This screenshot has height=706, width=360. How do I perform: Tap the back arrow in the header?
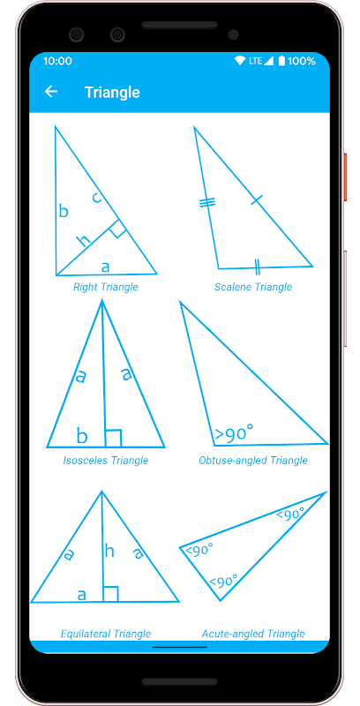click(x=51, y=92)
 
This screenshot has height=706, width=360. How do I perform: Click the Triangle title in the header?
click(x=112, y=93)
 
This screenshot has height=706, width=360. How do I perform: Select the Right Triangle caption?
click(x=106, y=287)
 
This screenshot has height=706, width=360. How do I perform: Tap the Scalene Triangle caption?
click(x=253, y=287)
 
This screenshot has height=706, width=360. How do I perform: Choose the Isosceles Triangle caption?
click(x=106, y=461)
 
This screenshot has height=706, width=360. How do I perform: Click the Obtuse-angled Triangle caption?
click(x=253, y=461)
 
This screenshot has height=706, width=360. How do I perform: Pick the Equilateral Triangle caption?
click(x=106, y=634)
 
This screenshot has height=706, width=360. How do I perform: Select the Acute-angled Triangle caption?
click(x=253, y=634)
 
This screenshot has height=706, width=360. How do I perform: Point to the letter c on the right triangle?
click(x=96, y=197)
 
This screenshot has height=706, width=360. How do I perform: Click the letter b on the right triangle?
click(x=64, y=210)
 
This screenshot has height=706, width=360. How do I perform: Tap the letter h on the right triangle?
click(x=83, y=240)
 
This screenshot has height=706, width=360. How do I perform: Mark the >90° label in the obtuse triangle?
click(x=234, y=434)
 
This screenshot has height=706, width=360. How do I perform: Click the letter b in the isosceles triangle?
click(x=81, y=435)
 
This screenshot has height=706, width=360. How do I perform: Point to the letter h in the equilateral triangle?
click(x=109, y=550)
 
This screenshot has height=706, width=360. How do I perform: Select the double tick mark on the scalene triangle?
click(x=257, y=267)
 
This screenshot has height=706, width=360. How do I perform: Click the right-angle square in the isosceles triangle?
click(x=114, y=438)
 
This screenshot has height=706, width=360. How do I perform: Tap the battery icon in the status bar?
click(x=281, y=61)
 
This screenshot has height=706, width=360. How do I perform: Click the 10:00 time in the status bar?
click(x=57, y=61)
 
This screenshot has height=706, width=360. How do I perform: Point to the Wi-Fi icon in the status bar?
click(x=240, y=61)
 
